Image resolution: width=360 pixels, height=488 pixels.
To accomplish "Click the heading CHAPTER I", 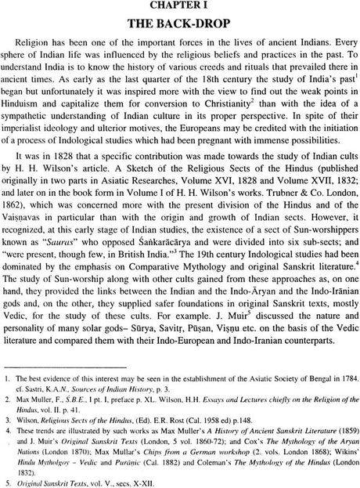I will click(x=179, y=6).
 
